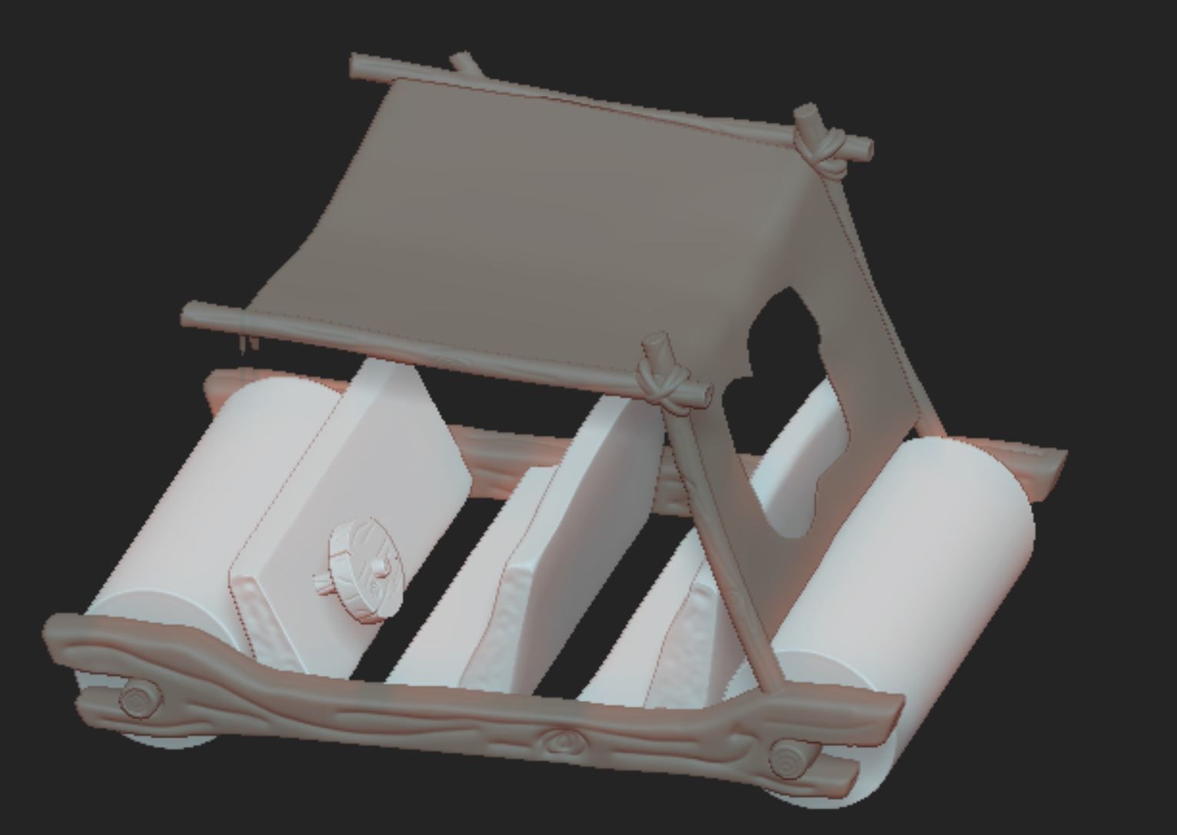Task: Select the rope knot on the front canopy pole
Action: click(x=663, y=382)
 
